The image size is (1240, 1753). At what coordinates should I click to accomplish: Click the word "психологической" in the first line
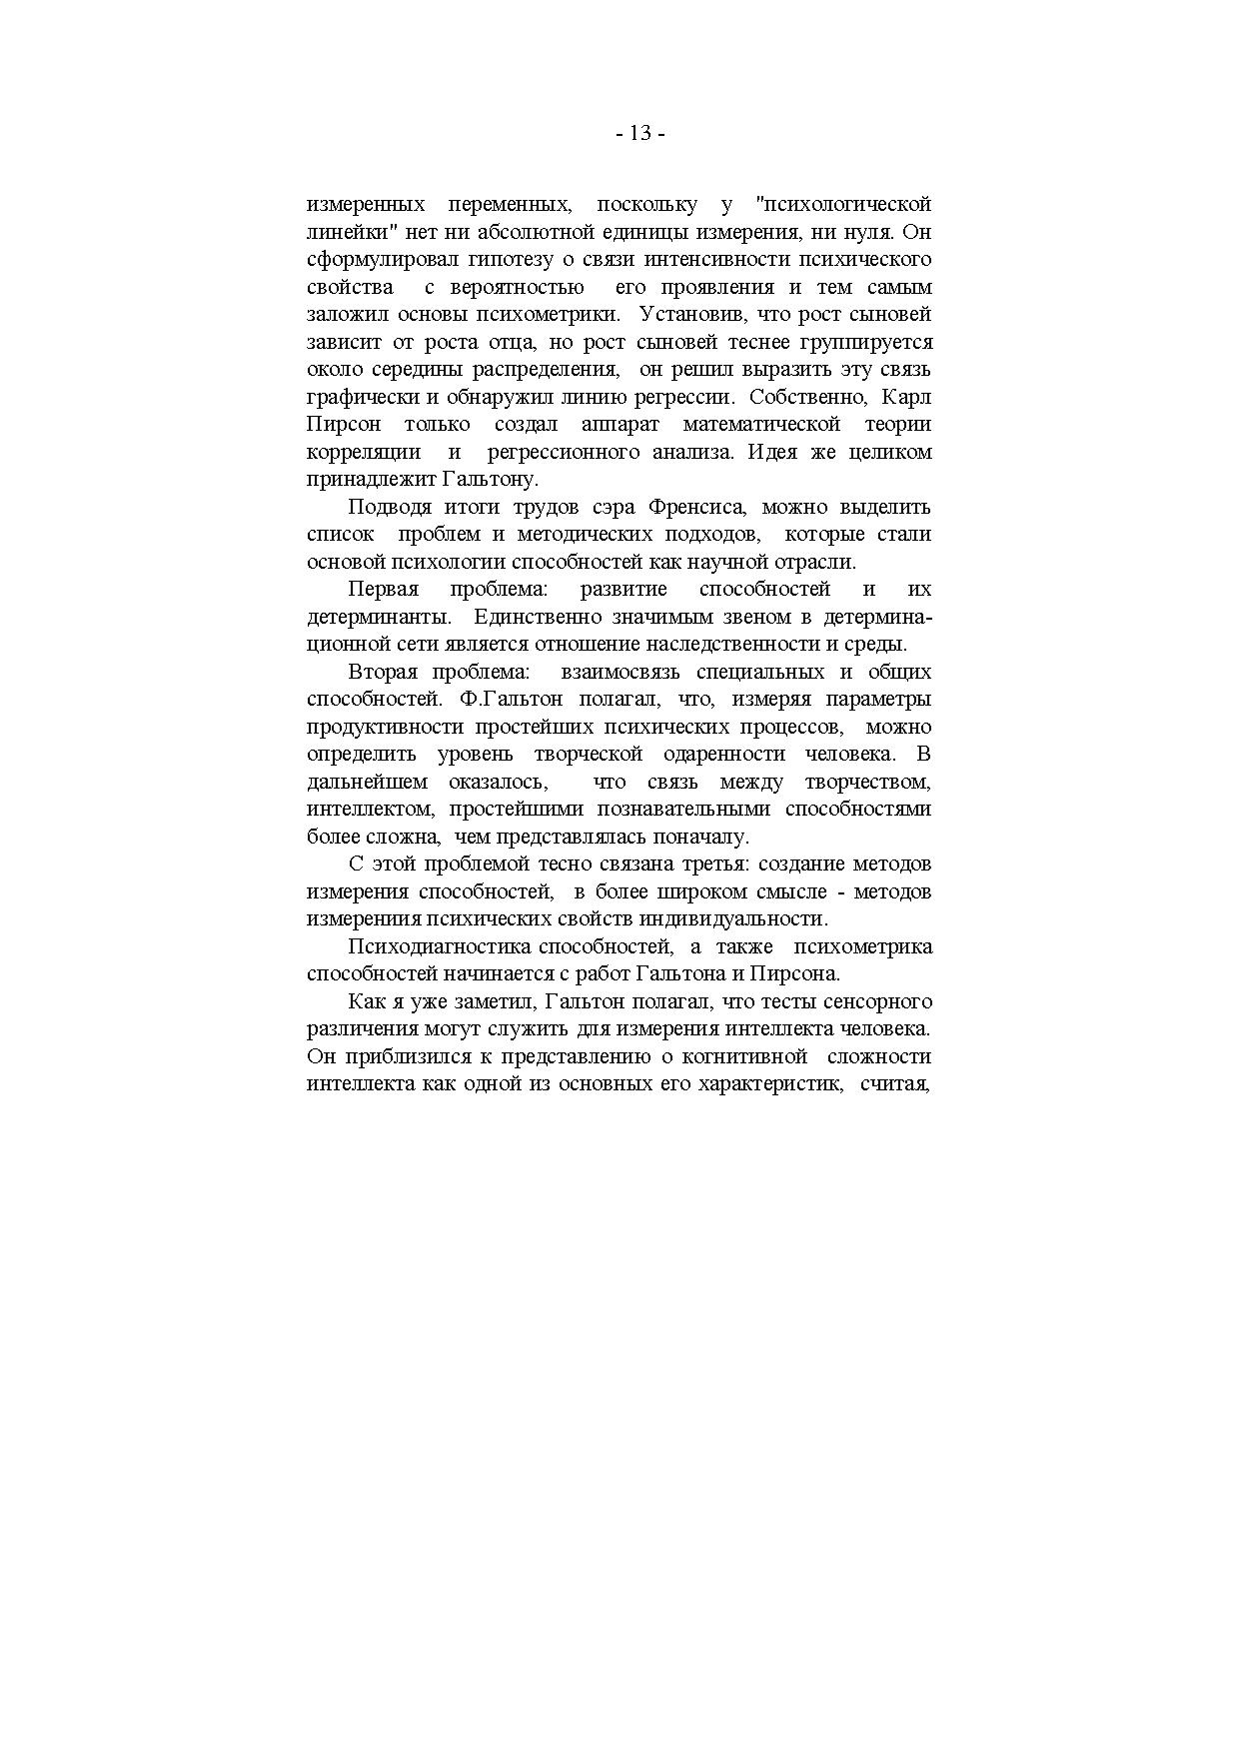coord(844,205)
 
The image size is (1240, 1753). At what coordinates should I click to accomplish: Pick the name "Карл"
coord(907,397)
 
